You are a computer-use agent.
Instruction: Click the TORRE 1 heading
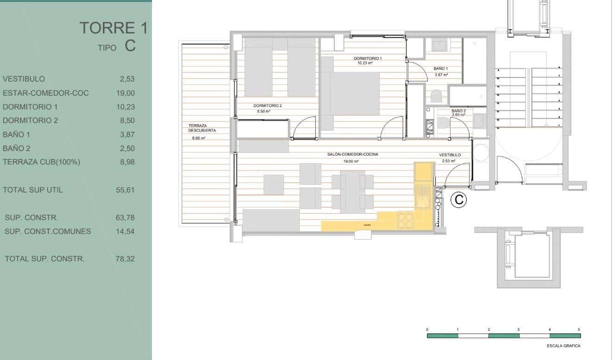(113, 28)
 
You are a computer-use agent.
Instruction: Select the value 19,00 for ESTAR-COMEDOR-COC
(125, 93)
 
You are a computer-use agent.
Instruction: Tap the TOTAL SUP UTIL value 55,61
(125, 190)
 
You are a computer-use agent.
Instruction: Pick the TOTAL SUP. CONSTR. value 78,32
(125, 259)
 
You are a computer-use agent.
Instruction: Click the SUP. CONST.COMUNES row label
(48, 231)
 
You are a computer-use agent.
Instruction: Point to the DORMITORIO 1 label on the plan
(368, 59)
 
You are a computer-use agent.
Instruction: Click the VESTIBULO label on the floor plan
(450, 155)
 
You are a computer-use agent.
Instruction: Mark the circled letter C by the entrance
(458, 200)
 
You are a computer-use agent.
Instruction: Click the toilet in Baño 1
(437, 96)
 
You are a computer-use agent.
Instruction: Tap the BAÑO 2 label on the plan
(458, 111)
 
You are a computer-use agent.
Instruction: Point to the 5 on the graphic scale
(579, 329)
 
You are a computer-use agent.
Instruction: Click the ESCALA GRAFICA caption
(563, 346)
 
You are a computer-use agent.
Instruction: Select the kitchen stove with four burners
(405, 220)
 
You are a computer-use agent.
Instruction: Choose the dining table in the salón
(353, 190)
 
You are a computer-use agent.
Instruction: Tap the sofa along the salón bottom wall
(271, 220)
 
